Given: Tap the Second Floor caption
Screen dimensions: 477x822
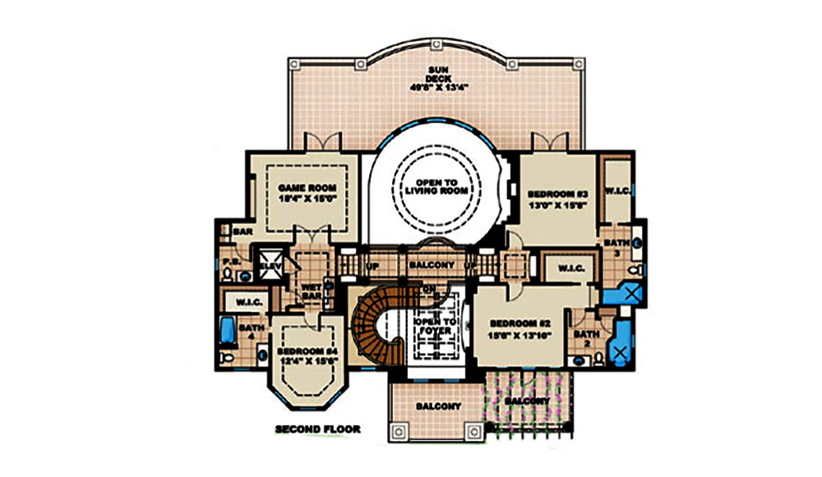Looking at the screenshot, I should (x=317, y=429).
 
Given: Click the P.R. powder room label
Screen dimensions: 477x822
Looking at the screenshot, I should (x=230, y=262).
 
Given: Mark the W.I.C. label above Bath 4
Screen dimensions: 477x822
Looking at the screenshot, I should (x=248, y=301).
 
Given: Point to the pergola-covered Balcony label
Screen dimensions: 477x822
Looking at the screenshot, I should (x=527, y=400).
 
